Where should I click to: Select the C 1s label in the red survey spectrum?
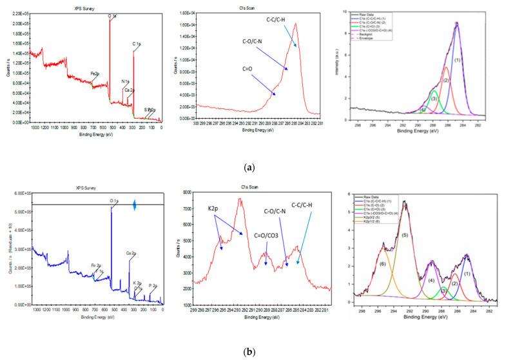click(x=137, y=45)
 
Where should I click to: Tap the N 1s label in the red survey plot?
click(x=126, y=81)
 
